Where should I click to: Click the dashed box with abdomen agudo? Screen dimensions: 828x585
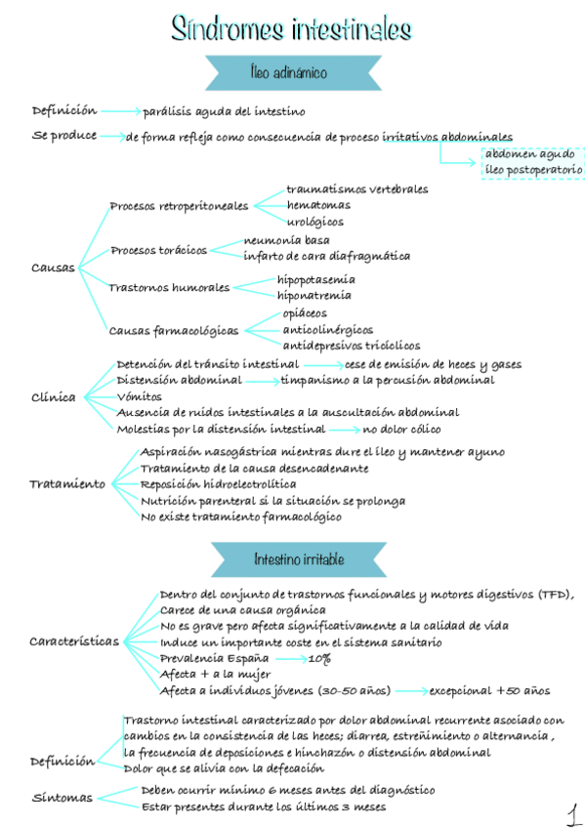click(x=533, y=162)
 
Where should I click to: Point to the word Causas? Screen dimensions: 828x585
click(x=53, y=268)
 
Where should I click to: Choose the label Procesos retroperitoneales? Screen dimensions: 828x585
click(x=178, y=206)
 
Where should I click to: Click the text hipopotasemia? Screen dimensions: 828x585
click(x=315, y=279)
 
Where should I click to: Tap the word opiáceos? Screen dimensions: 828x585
click(x=304, y=313)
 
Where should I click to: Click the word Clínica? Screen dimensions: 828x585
click(x=54, y=397)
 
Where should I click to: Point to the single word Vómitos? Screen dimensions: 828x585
click(x=139, y=396)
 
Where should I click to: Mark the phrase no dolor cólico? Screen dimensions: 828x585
click(x=401, y=429)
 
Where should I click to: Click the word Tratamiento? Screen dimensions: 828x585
click(x=66, y=484)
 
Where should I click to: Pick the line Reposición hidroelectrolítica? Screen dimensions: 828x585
click(x=218, y=483)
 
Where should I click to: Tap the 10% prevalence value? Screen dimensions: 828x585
click(x=318, y=659)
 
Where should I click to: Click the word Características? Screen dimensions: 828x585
click(x=74, y=642)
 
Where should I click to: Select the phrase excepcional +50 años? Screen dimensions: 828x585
click(x=489, y=690)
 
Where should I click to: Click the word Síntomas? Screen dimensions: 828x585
click(x=62, y=798)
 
